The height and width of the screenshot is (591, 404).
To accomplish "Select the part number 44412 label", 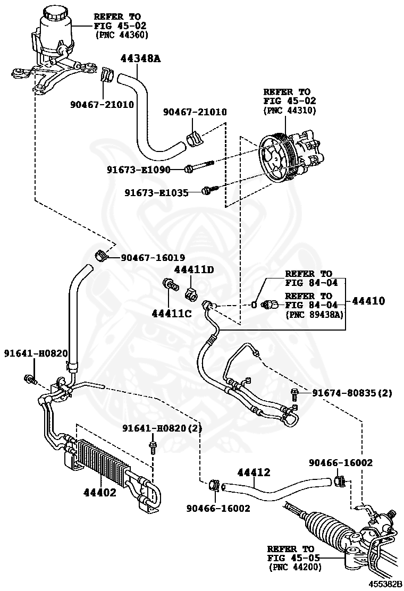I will coord(254,472).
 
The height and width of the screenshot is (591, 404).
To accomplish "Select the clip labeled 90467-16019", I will coord(101,255).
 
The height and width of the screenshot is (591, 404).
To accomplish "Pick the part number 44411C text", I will coord(171,313).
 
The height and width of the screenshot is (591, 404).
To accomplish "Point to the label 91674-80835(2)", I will coord(351,393).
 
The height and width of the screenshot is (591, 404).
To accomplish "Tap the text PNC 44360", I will coord(122,35).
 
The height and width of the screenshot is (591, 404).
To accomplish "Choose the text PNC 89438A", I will coord(314,315).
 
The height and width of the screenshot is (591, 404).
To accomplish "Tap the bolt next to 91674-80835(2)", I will coord(294,393).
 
